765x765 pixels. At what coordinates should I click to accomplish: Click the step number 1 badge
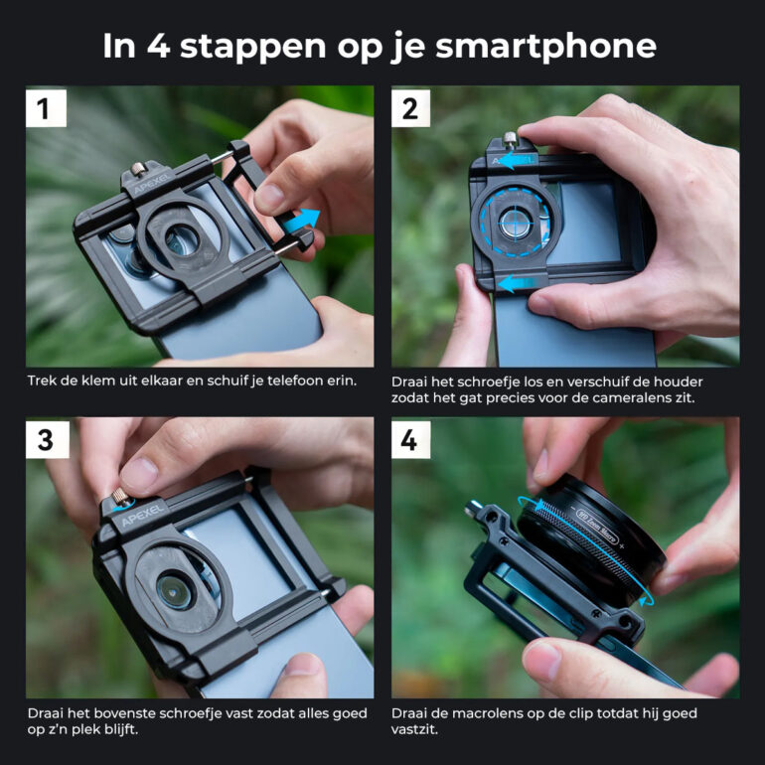point(46,108)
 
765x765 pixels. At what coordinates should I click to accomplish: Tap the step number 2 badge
point(410,108)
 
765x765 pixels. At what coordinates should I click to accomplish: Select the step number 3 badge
point(47,440)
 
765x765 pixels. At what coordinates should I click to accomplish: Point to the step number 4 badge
point(410,440)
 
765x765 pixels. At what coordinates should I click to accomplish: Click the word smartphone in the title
point(546,46)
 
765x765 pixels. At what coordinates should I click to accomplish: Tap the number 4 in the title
point(158,46)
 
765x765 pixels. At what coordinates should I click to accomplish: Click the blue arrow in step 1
point(302,221)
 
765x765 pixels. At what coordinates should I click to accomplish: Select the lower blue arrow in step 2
point(514,283)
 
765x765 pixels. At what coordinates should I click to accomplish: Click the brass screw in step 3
point(120,498)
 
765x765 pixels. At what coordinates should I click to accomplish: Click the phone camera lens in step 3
point(175,591)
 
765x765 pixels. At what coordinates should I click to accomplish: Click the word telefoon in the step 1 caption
point(290,381)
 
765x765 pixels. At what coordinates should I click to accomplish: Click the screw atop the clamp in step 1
point(138,170)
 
